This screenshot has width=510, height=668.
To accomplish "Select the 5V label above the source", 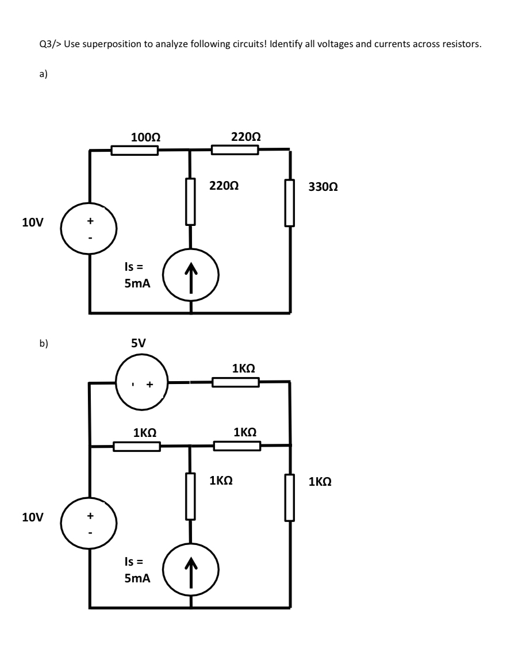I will tap(139, 343).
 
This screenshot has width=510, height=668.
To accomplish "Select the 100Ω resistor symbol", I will tap(135, 151).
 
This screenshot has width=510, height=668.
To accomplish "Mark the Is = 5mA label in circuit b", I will tap(137, 569).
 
